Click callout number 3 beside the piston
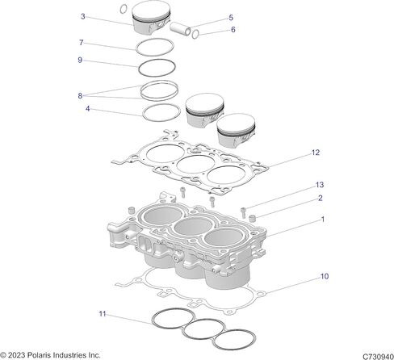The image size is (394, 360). pyautogui.click(x=83, y=17)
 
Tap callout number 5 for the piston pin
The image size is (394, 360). pyautogui.click(x=231, y=18)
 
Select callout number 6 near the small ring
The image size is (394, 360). pyautogui.click(x=233, y=30)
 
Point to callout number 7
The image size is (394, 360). pyautogui.click(x=82, y=43)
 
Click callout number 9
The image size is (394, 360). pyautogui.click(x=80, y=60)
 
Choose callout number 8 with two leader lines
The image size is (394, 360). pyautogui.click(x=80, y=96)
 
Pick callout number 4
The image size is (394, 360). pyautogui.click(x=87, y=109)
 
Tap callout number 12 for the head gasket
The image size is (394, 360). pyautogui.click(x=316, y=153)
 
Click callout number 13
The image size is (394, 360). pyautogui.click(x=320, y=185)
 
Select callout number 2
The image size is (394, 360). pyautogui.click(x=321, y=199)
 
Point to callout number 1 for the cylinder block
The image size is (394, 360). pyautogui.click(x=323, y=220)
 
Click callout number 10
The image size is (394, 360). pyautogui.click(x=325, y=276)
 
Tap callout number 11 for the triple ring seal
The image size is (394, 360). pyautogui.click(x=103, y=314)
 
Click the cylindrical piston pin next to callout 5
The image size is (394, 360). pyautogui.click(x=180, y=28)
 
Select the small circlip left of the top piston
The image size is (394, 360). pyautogui.click(x=124, y=9)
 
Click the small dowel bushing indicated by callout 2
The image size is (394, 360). pyautogui.click(x=253, y=218)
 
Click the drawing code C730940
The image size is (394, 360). pyautogui.click(x=378, y=357)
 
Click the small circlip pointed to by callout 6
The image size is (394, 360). pyautogui.click(x=195, y=34)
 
